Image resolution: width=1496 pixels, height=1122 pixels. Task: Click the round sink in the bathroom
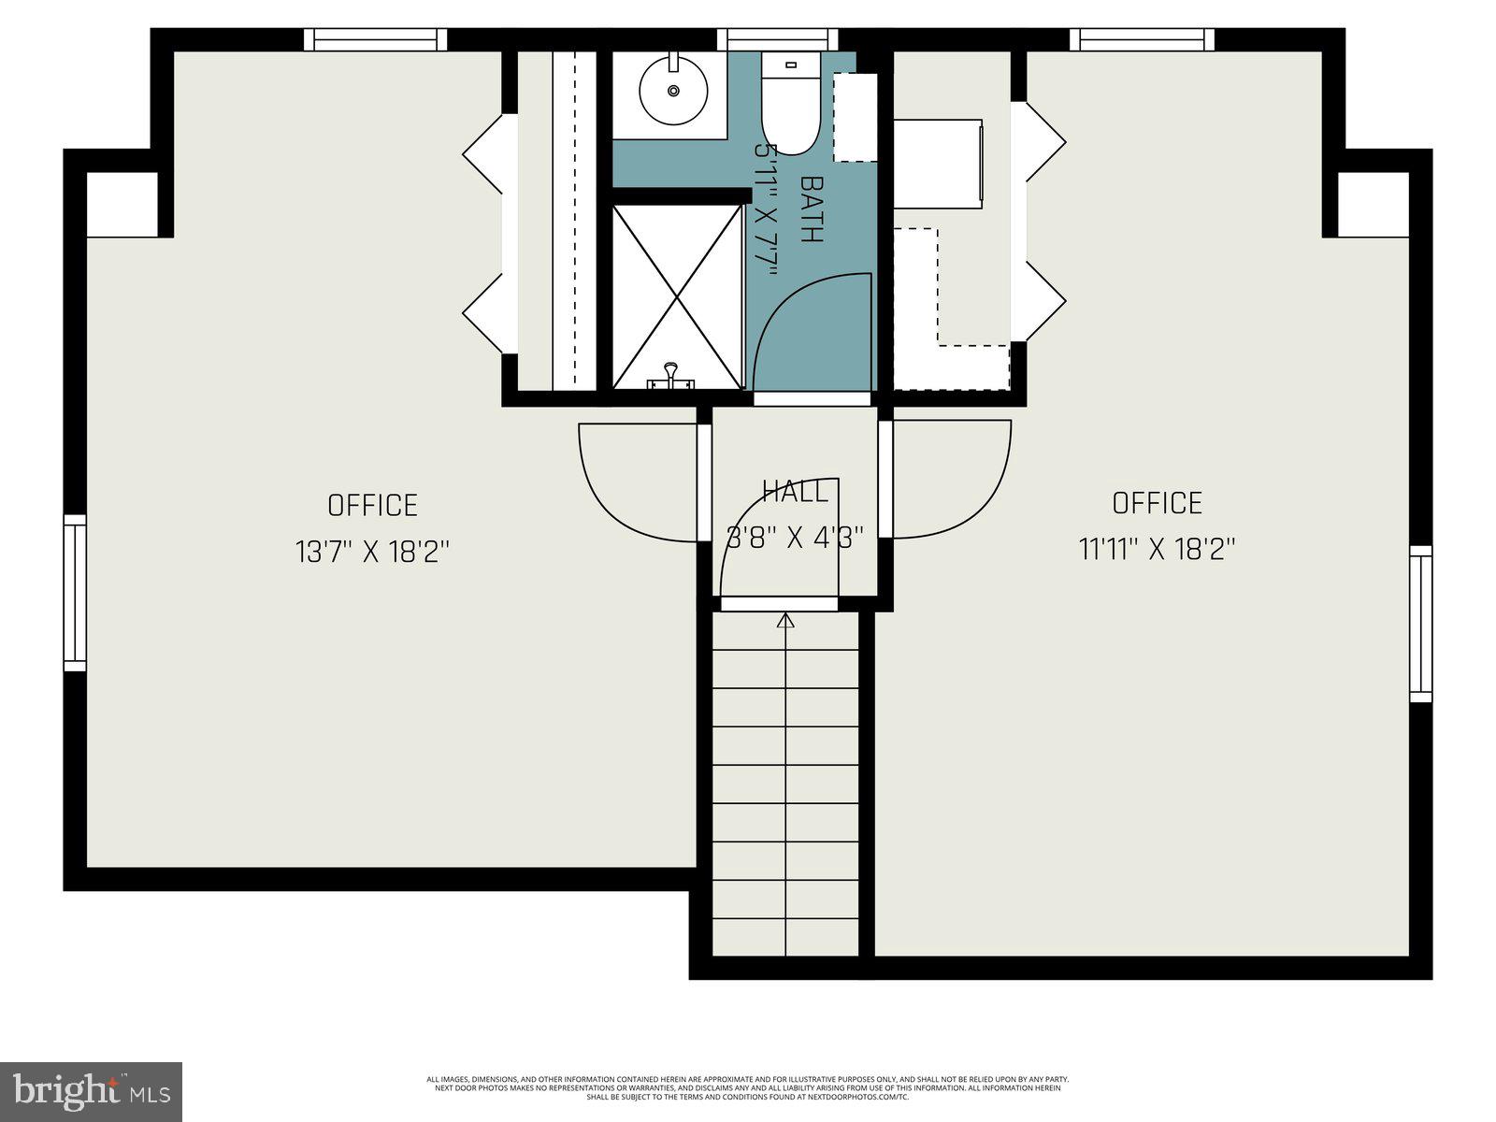pos(672,90)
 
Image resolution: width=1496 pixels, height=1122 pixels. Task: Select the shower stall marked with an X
pos(677,295)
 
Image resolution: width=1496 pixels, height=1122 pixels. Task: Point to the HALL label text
pos(795,491)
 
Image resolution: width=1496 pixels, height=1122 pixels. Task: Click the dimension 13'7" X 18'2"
pos(373,552)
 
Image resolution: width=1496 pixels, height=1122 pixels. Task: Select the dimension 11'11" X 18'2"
pos(1158,549)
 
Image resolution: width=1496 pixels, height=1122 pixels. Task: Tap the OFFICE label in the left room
pos(372,506)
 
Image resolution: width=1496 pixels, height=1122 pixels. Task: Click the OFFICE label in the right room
pos(1158,503)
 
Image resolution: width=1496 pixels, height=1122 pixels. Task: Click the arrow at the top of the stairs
pos(785,620)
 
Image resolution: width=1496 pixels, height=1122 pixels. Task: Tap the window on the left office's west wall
pos(75,592)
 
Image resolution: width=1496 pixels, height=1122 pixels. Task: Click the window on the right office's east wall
pos(1420,624)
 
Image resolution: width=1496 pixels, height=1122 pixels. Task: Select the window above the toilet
pos(777,39)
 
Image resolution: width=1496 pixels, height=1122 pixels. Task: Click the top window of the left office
pos(375,39)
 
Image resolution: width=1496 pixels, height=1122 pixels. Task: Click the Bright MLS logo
pos(91,1091)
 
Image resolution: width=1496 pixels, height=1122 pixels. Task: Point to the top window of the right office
pos(1142,39)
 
